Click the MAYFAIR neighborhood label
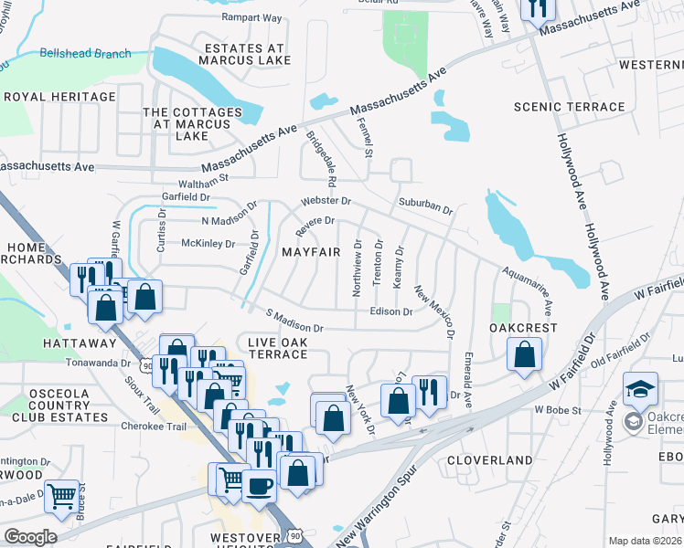click(x=311, y=251)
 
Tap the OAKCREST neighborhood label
click(x=523, y=327)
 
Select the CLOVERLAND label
click(x=490, y=459)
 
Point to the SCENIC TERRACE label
click(x=570, y=107)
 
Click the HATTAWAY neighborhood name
click(x=80, y=342)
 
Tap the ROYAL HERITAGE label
click(x=59, y=96)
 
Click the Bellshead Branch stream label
click(x=86, y=54)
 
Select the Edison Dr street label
click(x=390, y=311)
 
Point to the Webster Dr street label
click(x=326, y=200)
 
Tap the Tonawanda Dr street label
click(x=99, y=363)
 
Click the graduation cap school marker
click(x=640, y=388)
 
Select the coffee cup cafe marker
click(x=258, y=485)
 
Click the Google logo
click(x=30, y=537)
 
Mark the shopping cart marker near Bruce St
click(x=61, y=497)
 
